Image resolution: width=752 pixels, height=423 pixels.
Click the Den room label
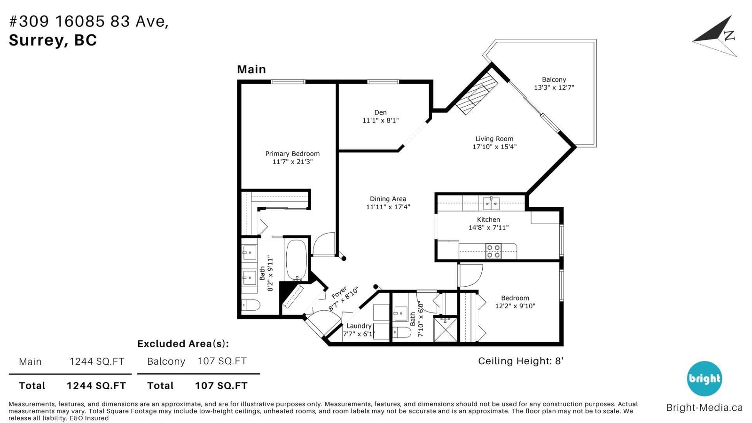380,112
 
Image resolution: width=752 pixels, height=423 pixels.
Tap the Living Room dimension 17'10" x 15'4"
494,147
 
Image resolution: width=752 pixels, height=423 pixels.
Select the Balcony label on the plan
554,79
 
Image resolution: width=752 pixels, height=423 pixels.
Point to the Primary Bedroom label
292,154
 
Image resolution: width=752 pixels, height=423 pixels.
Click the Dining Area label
388,199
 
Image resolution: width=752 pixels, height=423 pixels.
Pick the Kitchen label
488,219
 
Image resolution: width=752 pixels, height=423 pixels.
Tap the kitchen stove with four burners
493,251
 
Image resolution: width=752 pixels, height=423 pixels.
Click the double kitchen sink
491,204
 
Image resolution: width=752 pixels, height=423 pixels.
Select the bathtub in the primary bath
296,260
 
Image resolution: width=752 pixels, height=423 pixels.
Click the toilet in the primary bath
251,305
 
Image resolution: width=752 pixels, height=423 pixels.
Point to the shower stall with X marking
445,329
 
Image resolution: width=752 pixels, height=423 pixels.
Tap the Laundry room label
359,326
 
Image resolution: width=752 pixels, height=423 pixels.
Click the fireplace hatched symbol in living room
477,94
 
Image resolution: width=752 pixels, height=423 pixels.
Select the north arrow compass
716,36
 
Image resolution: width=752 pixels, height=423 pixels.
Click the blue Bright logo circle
705,379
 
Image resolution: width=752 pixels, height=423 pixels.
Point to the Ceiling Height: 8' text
521,361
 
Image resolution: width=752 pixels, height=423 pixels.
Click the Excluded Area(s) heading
183,344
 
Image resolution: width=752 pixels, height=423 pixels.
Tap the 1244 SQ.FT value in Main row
97,361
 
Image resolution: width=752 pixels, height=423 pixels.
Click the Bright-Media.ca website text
705,407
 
